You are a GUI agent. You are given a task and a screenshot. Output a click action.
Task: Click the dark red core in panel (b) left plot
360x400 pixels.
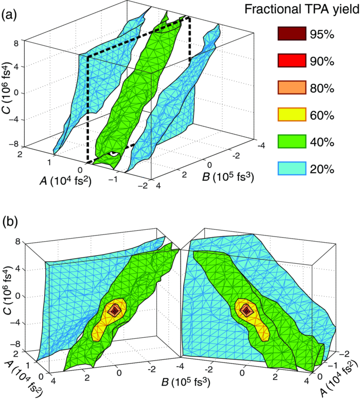pos(115,310)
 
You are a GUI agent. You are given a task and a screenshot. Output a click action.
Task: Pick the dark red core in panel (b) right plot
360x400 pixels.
pos(247,311)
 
